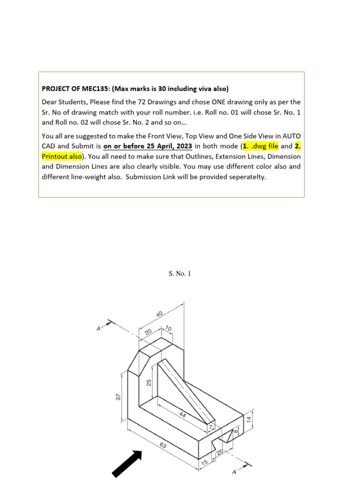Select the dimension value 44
(x=183, y=415)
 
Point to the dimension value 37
(x=119, y=397)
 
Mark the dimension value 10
(x=169, y=328)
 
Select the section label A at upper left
(x=98, y=329)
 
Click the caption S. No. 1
(x=180, y=274)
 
